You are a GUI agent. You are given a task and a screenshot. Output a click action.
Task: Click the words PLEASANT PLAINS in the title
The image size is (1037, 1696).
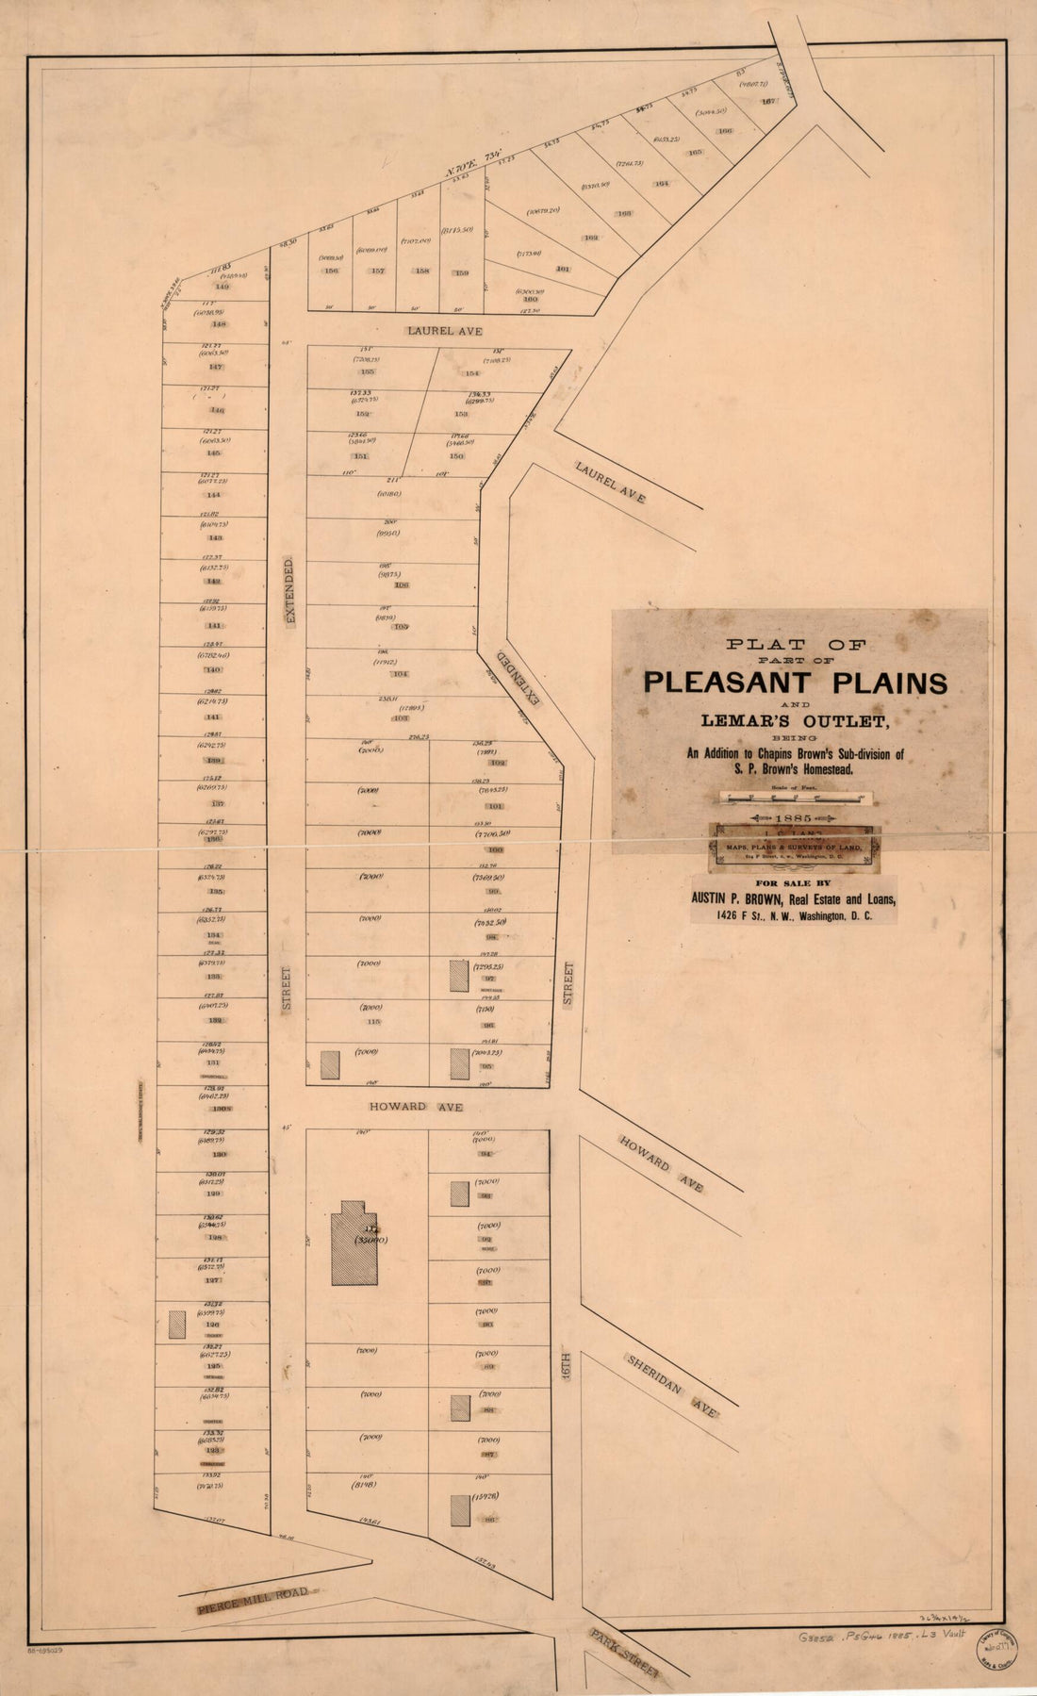click(795, 682)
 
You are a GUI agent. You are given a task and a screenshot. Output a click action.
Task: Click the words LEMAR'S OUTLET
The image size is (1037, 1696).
click(797, 720)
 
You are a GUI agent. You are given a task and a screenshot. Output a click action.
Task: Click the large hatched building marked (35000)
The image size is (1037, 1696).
click(354, 1243)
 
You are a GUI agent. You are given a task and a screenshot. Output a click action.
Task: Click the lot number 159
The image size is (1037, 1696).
click(462, 273)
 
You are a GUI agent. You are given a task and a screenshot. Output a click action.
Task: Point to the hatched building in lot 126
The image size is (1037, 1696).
click(176, 1325)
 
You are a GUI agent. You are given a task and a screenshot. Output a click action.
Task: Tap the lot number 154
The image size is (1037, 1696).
click(472, 372)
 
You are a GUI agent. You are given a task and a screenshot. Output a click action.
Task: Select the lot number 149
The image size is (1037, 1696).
click(222, 287)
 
